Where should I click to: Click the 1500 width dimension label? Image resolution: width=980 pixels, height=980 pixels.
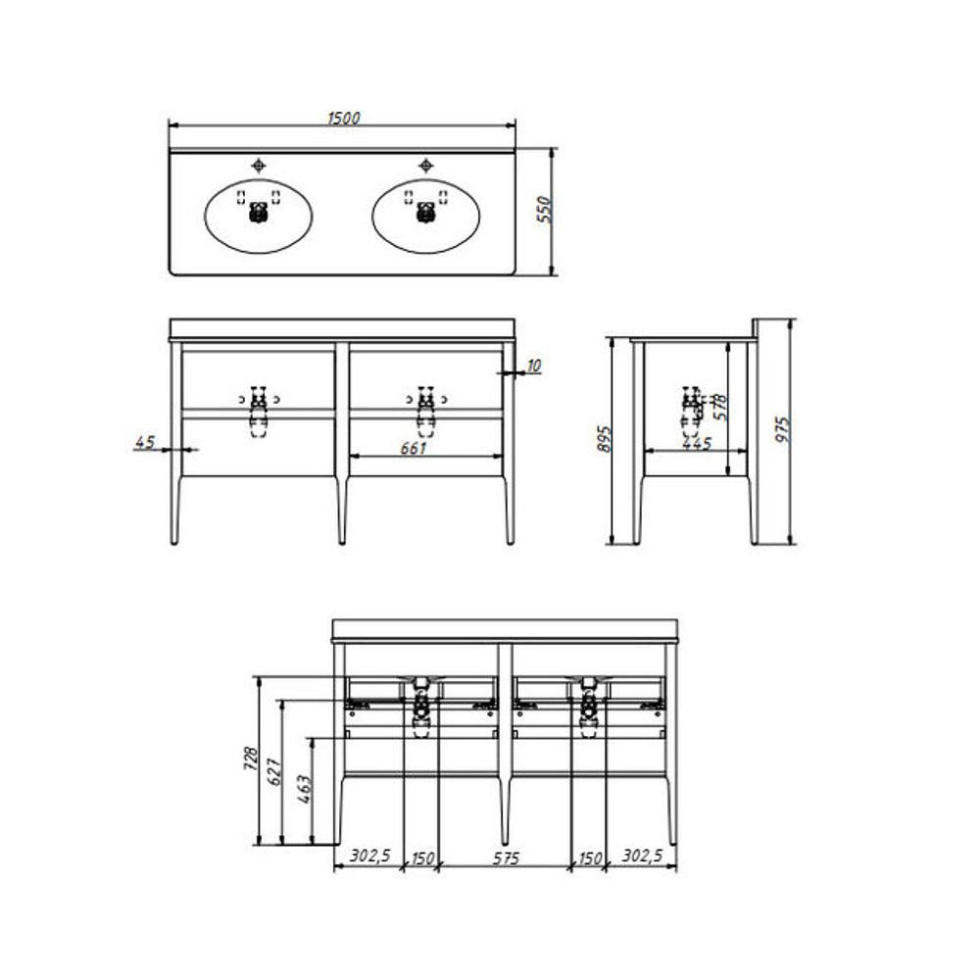344,119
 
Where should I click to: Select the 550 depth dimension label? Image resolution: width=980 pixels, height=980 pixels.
544,210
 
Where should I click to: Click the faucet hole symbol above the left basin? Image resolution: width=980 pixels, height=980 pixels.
258,166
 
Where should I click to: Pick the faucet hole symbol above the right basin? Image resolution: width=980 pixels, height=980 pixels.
425,166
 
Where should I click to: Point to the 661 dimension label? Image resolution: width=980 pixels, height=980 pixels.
414,448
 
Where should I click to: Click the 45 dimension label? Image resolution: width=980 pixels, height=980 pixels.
144,443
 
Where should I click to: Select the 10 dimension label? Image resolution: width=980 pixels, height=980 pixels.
533,366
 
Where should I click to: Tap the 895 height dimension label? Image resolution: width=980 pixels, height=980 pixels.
603,439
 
